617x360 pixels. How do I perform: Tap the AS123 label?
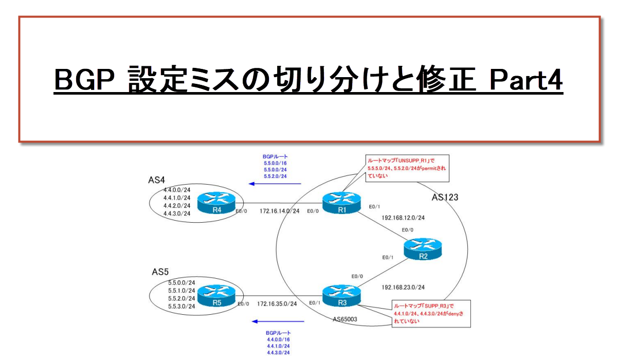pos(446,197)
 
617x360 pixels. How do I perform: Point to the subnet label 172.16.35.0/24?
pos(277,304)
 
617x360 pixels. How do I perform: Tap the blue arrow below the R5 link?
pos(278,322)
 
